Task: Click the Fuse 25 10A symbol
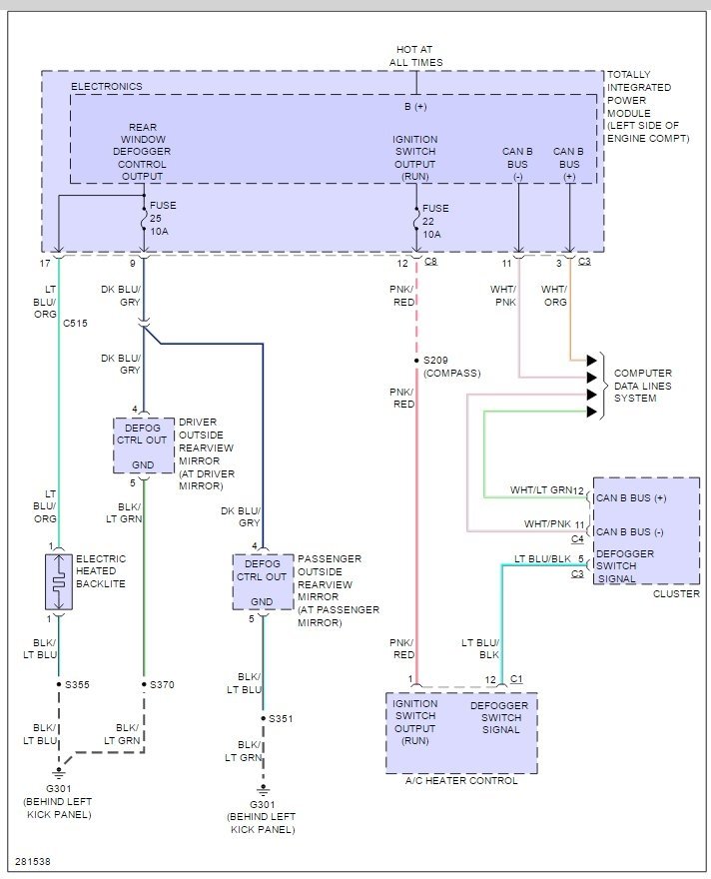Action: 144,219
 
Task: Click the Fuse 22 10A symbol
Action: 416,221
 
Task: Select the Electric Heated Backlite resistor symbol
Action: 59,581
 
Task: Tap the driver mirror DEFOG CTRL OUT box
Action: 144,445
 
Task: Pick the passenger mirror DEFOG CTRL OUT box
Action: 263,582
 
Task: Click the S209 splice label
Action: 435,360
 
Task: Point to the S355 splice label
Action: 77,684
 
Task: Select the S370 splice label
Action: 162,684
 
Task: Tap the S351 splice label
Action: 281,718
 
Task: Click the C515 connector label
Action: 75,323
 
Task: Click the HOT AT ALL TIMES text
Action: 415,56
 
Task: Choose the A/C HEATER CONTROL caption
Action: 461,780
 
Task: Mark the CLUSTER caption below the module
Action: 676,593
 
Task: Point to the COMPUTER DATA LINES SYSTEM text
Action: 643,386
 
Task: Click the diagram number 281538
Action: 33,861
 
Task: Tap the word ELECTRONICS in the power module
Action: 107,86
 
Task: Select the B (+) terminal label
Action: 415,107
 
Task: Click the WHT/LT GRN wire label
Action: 540,490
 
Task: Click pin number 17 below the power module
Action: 45,263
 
